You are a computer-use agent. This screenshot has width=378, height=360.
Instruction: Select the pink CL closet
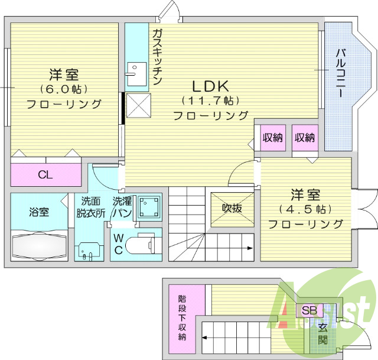pos(45,174)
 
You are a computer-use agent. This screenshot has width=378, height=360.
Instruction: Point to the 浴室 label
pos(39,210)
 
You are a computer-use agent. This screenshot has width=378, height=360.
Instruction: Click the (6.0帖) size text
pos(64,89)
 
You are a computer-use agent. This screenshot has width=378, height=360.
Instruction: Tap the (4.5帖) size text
pos(305,209)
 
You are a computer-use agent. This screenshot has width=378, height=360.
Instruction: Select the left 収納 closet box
pos(273,138)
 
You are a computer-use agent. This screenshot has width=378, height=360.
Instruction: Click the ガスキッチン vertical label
pos(157,58)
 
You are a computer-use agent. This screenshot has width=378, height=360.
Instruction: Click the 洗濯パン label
pos(122,206)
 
